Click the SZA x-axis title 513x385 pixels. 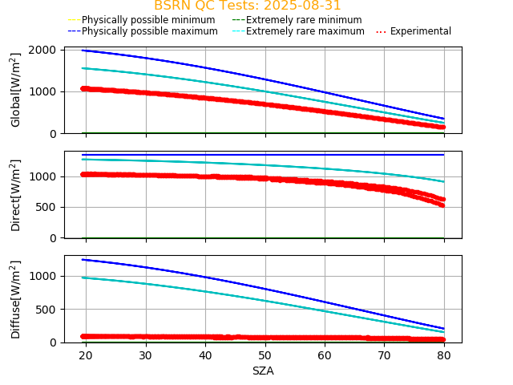click(x=263, y=371)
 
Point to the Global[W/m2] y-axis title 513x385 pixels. click(x=16, y=90)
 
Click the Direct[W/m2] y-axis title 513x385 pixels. click(x=16, y=195)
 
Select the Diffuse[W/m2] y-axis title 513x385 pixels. click(x=16, y=299)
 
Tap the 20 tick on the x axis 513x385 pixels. click(x=87, y=355)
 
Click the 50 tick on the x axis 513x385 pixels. click(x=265, y=355)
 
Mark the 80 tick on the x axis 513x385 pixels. click(x=444, y=355)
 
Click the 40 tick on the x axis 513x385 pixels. click(x=205, y=355)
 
